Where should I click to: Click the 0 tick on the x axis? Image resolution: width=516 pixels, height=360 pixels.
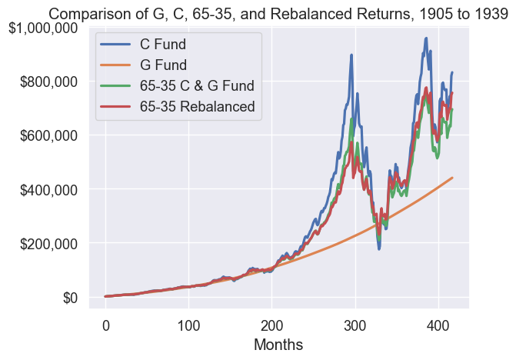(106, 324)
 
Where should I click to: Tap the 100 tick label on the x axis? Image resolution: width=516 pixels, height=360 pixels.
(189, 324)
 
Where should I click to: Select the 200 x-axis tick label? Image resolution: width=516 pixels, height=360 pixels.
(272, 324)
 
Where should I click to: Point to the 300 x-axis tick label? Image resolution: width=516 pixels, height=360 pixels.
(355, 324)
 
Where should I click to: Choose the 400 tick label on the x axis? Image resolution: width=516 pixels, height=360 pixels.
(438, 324)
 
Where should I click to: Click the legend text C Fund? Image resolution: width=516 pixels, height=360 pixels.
(168, 44)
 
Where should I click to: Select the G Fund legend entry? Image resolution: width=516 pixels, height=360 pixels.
(168, 65)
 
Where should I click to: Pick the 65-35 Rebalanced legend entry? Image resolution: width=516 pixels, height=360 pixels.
(197, 106)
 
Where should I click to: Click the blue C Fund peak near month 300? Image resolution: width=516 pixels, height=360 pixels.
(351, 55)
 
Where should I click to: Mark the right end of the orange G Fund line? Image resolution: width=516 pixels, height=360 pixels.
(452, 178)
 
